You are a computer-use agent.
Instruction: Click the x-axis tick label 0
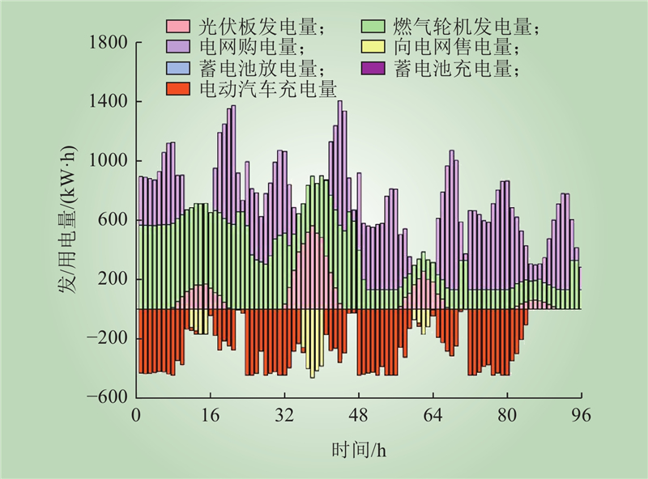pos(136,416)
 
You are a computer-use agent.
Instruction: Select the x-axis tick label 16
pos(211,416)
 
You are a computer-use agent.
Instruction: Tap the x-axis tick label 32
pos(284,416)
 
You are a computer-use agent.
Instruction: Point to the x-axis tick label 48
pos(359,416)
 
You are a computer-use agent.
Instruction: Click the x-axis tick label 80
pos(507,416)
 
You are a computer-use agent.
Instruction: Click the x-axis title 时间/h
pos(358,448)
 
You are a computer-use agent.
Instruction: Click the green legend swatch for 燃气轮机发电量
pos(375,28)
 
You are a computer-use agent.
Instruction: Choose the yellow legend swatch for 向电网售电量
pos(375,49)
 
